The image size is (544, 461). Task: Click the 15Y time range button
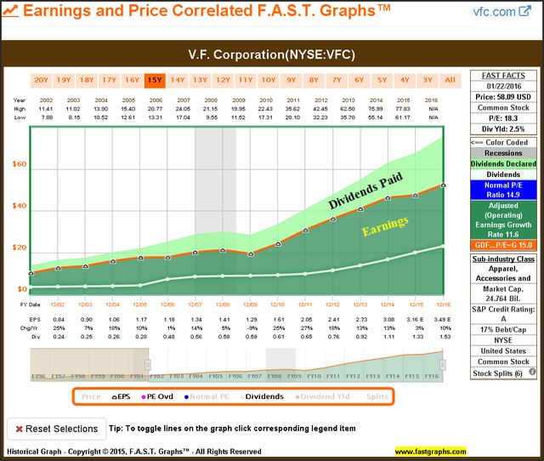155,80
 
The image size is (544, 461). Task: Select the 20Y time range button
41,80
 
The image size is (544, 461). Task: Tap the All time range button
450,80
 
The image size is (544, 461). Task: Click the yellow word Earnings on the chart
385,230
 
